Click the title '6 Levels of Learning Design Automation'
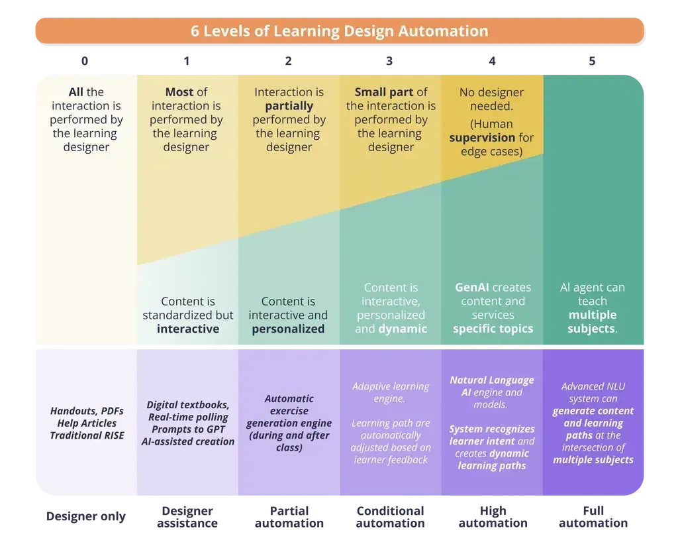pos(339,31)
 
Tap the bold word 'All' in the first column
pos(76,92)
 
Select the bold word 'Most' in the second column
pos(179,92)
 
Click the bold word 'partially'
pos(289,106)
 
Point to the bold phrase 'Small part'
pos(384,92)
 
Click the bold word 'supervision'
pos(482,138)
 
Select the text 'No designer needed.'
pos(491,99)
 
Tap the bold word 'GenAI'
pos(471,288)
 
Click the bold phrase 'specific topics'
pos(493,329)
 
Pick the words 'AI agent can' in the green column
pos(592,288)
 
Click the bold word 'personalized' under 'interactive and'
pos(288,329)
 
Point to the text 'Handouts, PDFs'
pos(87,411)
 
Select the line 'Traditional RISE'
pos(87,435)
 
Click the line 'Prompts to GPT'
pos(187,429)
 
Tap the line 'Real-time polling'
pos(187,417)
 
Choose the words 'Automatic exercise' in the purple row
pos(289,405)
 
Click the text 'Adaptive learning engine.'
pos(390,392)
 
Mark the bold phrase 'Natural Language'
pos(491,380)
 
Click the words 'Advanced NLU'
pos(593,386)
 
